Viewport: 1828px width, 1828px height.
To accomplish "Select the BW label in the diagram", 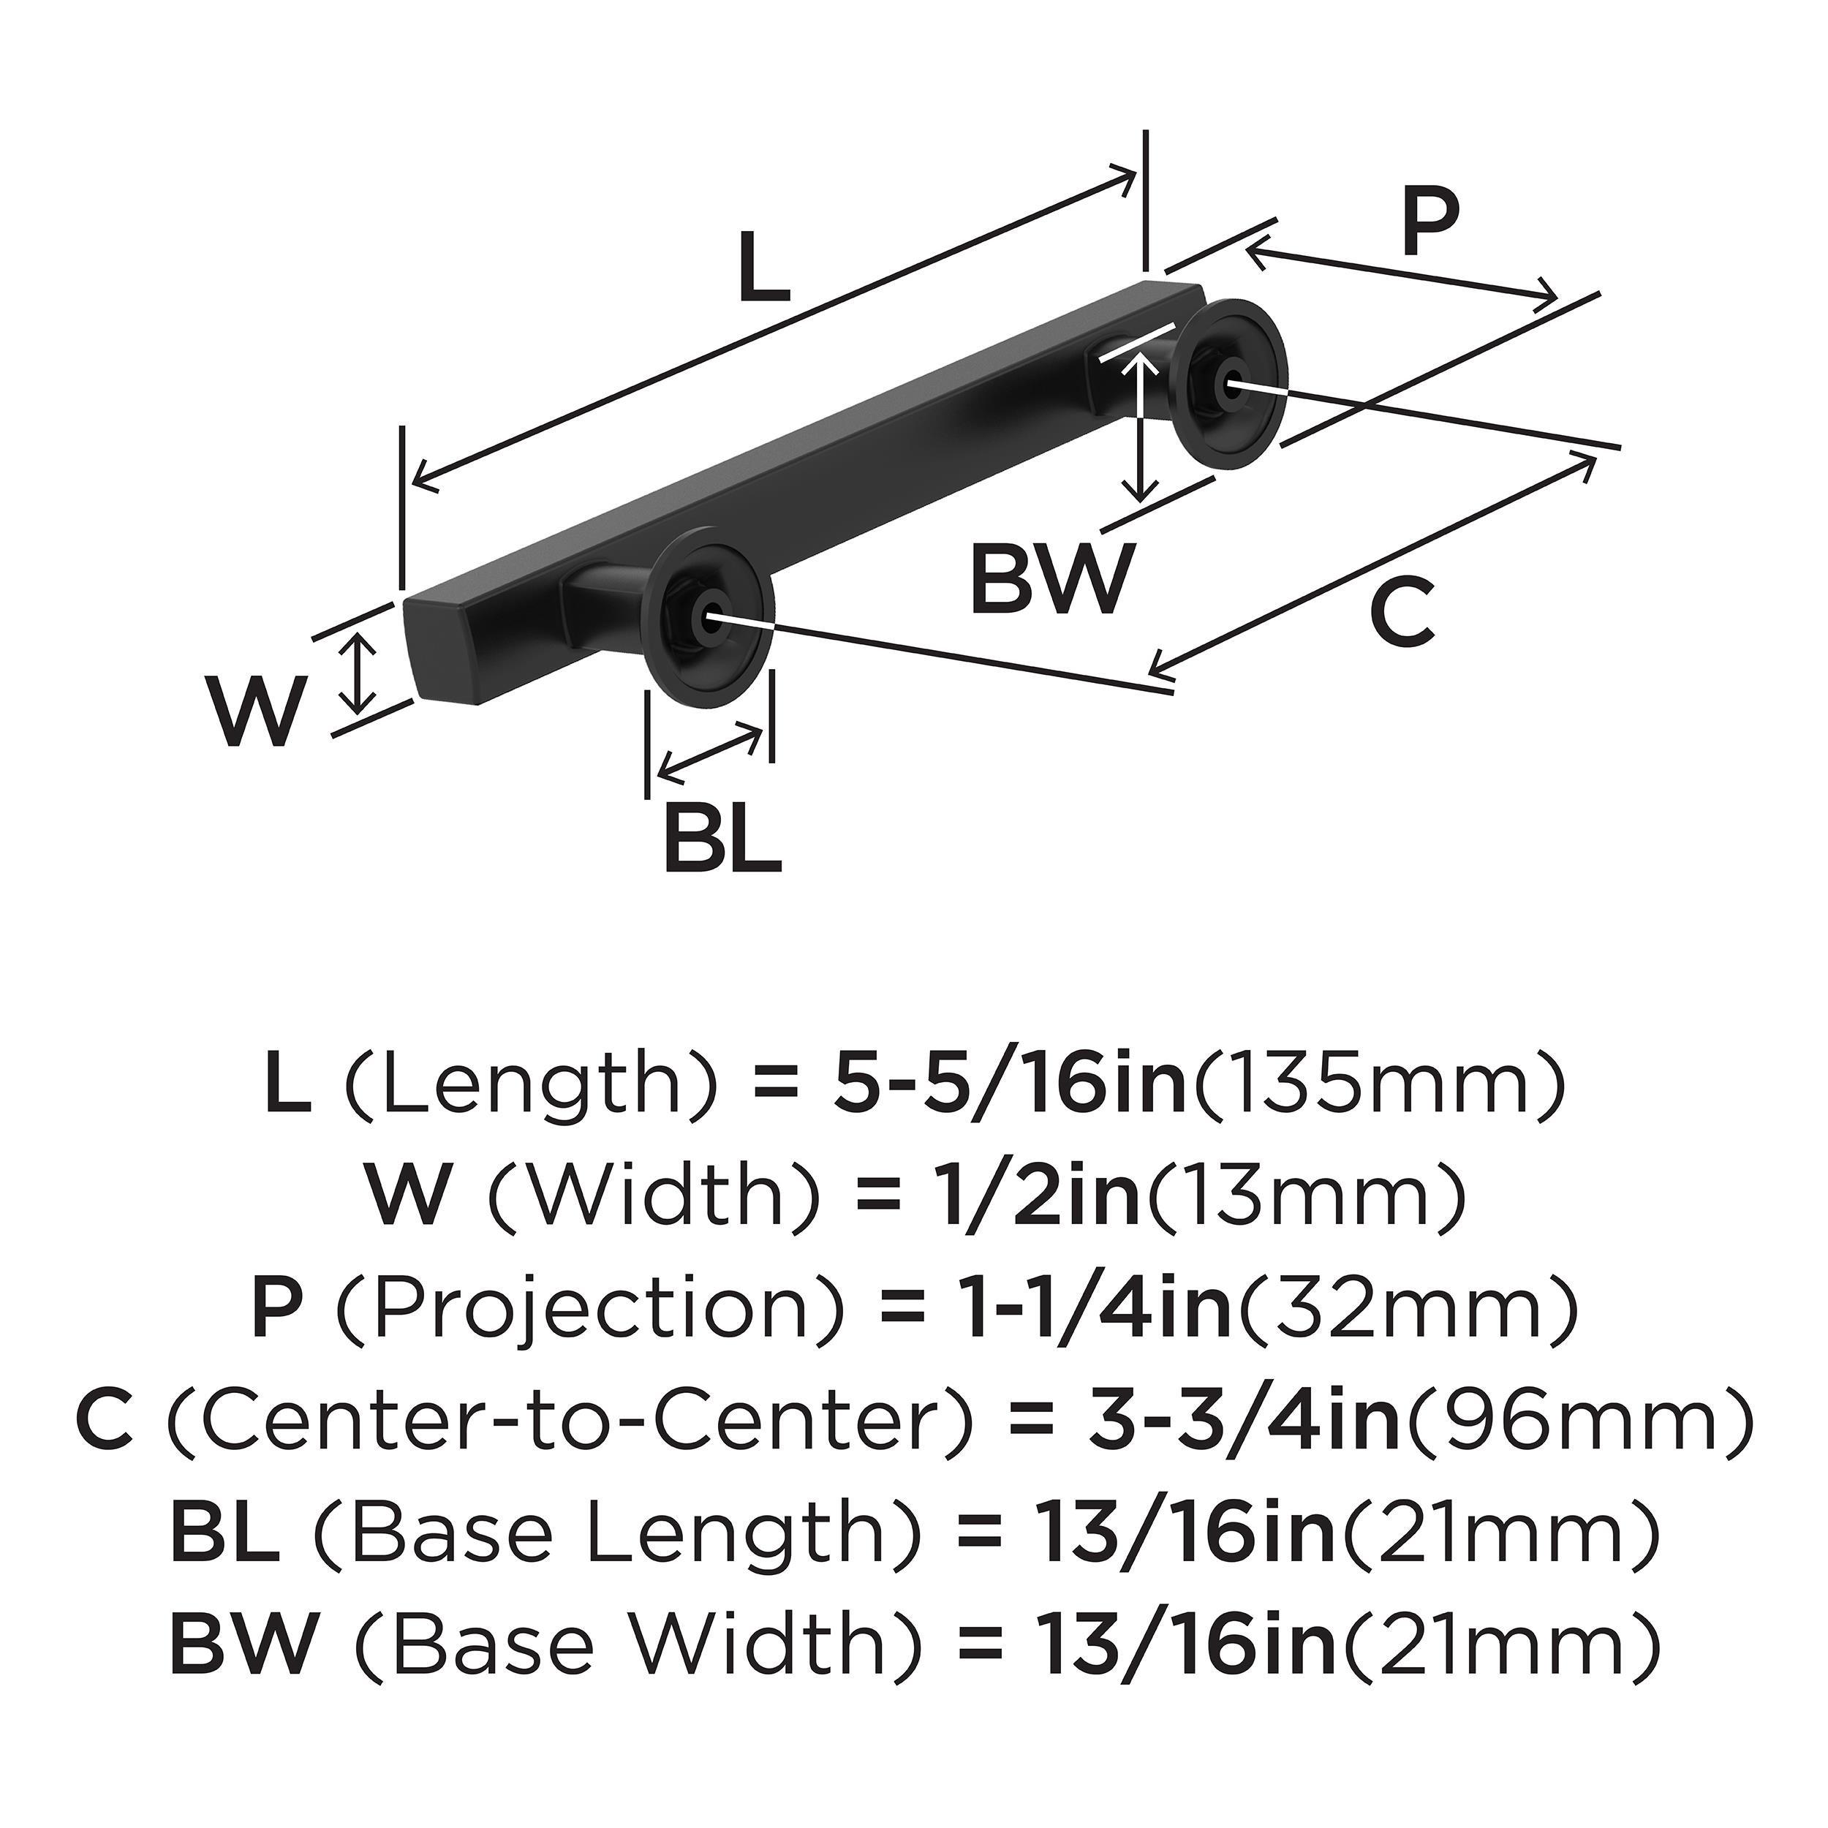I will point(1050,578).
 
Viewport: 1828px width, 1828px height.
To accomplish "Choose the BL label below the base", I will point(722,838).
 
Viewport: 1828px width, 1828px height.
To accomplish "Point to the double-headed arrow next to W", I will point(357,673).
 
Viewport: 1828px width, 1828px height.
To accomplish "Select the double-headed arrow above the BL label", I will point(709,752).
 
